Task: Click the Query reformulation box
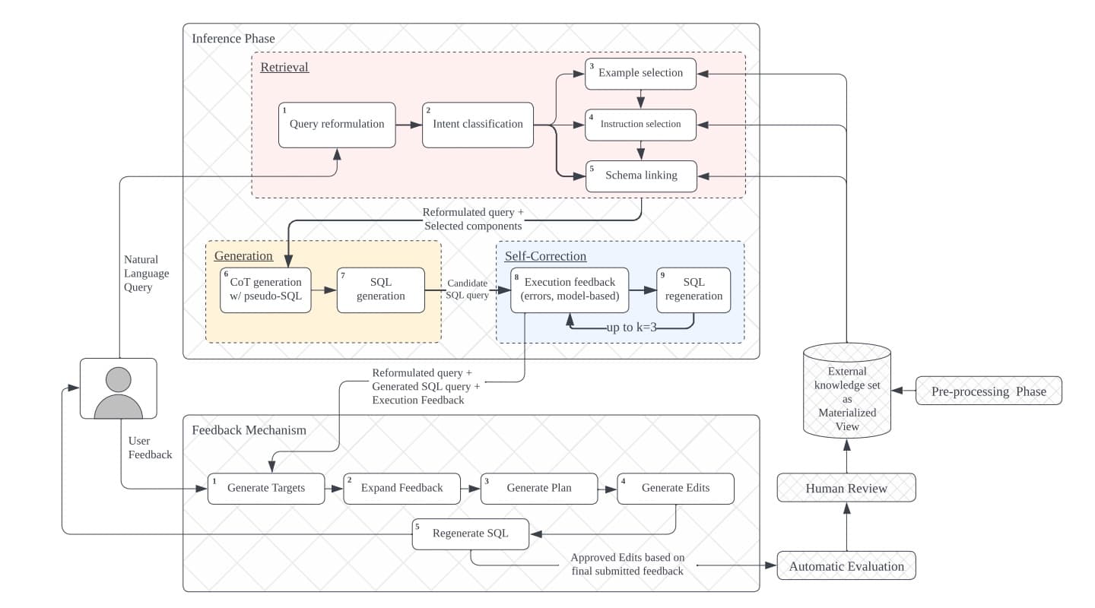tap(337, 125)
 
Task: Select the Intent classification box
tap(478, 125)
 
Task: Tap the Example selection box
tap(640, 74)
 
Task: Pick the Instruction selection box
tap(640, 125)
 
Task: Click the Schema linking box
tap(640, 176)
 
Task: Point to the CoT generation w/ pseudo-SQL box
tap(265, 290)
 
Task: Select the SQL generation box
tap(380, 290)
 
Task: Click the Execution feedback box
tap(569, 290)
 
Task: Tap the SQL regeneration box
tap(693, 290)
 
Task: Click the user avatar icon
tap(118, 388)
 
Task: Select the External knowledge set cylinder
tap(846, 391)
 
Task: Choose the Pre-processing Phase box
tap(989, 391)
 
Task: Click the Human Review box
tap(846, 488)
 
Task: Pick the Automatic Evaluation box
tap(846, 566)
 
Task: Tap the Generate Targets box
tap(266, 488)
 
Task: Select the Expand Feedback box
tap(401, 488)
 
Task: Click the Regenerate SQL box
tap(471, 534)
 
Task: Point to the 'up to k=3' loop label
tap(631, 328)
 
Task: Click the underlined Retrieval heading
tap(284, 68)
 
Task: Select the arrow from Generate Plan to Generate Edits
tap(607, 489)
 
